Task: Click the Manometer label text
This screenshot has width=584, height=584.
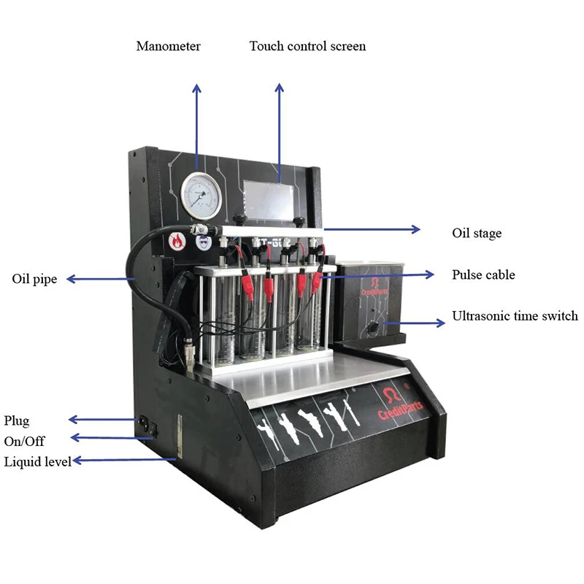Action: (168, 46)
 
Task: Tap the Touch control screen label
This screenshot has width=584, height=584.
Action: (307, 46)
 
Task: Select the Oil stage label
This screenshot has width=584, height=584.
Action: (477, 234)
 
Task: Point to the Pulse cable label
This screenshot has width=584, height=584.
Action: (483, 275)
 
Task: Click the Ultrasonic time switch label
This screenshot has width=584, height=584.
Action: (515, 316)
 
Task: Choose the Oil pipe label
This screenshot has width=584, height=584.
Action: (34, 279)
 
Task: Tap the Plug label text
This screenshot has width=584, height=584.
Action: (17, 420)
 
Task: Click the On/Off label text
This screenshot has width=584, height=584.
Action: (24, 441)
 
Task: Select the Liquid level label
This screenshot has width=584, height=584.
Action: (37, 461)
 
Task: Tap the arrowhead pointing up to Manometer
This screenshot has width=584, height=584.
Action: (196, 88)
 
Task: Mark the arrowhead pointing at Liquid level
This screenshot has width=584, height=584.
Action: (76, 460)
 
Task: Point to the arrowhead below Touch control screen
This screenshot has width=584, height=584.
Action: (279, 88)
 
